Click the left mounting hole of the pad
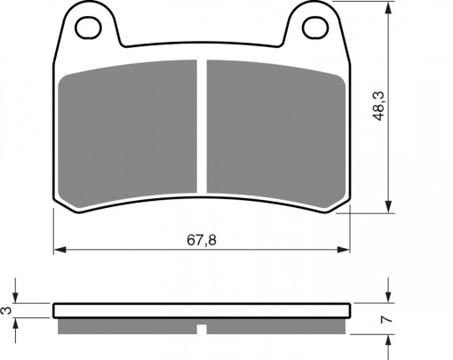point(89,28)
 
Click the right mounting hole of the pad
point(315,28)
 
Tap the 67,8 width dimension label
point(202,240)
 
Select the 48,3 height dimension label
point(379,106)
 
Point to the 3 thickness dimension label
point(7,310)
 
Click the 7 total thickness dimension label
point(387,320)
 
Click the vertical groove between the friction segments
point(202,126)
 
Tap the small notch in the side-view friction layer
point(202,329)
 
